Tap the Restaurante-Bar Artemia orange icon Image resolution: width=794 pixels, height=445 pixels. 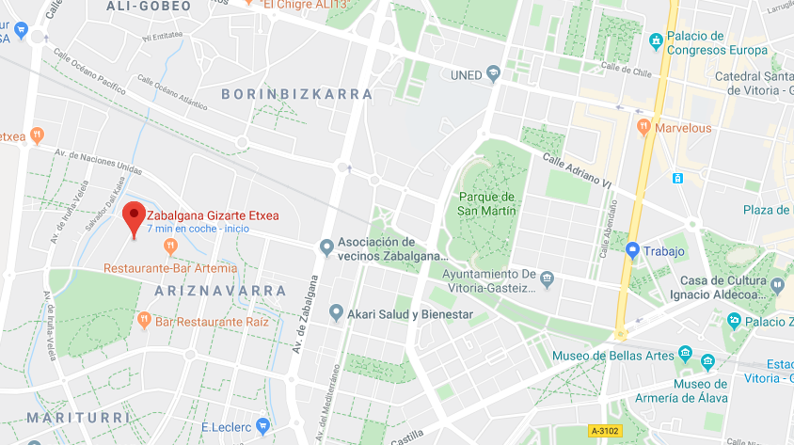pyautogui.click(x=170, y=246)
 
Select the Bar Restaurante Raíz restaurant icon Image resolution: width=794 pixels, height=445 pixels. pyautogui.click(x=144, y=320)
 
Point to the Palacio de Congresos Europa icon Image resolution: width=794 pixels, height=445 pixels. pyautogui.click(x=656, y=42)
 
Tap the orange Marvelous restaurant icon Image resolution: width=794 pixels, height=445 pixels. pyautogui.click(x=644, y=126)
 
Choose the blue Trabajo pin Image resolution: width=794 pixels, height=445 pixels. pyautogui.click(x=633, y=250)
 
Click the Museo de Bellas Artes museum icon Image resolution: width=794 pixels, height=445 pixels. pyautogui.click(x=685, y=356)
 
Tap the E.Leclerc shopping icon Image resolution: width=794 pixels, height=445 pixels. pyautogui.click(x=262, y=424)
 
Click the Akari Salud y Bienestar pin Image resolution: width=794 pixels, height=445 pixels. pyautogui.click(x=336, y=312)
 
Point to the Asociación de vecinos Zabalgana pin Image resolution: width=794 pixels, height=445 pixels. pyautogui.click(x=326, y=246)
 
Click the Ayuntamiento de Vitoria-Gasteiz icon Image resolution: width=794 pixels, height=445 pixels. pyautogui.click(x=547, y=278)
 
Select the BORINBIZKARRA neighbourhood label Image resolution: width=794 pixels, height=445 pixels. pyautogui.click(x=296, y=95)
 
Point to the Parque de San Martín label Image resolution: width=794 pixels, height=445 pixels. pyautogui.click(x=487, y=203)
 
